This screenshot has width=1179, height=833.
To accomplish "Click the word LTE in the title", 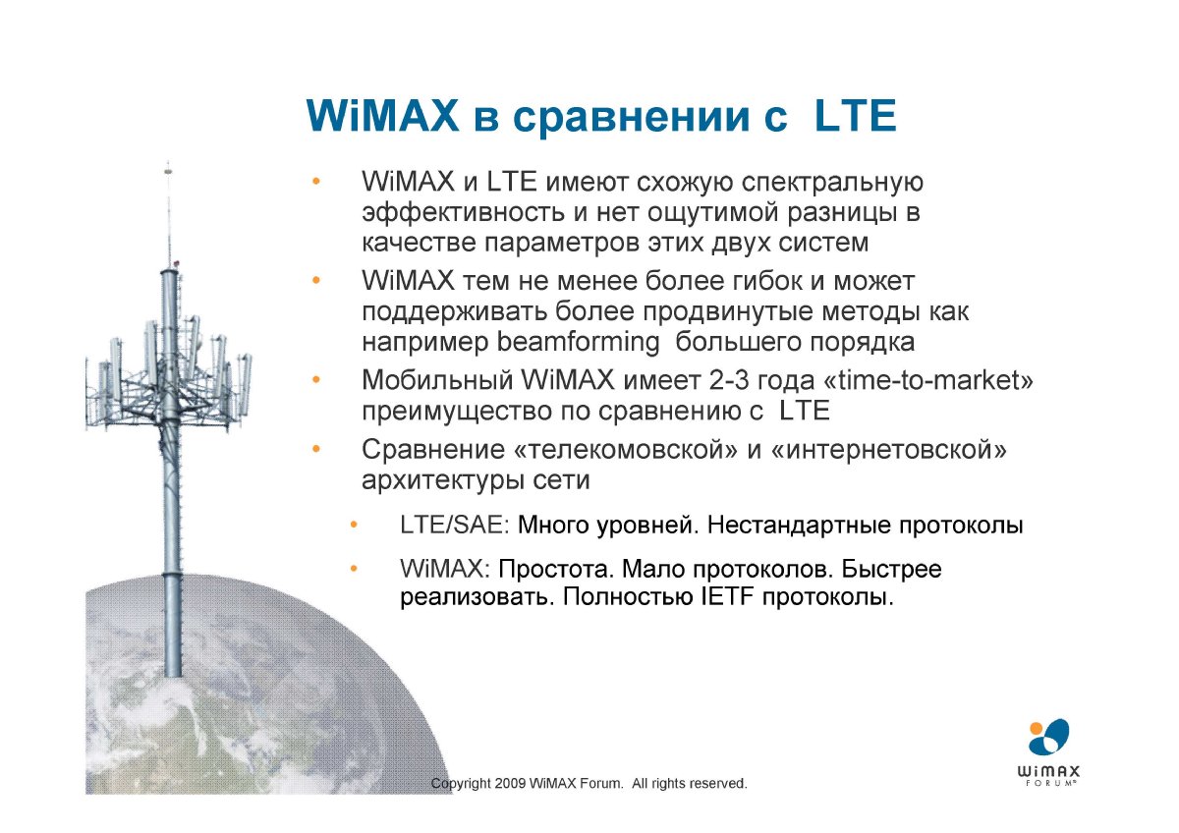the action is [855, 115].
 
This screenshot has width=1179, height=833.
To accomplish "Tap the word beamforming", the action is [579, 343].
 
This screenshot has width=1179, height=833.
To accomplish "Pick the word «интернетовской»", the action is [888, 450].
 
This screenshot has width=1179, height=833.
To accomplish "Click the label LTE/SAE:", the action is [455, 526].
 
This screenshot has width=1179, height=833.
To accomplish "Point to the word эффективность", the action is [463, 213].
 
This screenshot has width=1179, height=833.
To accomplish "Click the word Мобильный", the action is [437, 380].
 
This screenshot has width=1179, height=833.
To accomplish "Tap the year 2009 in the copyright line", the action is [510, 784].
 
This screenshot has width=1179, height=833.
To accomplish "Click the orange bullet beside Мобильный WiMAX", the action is [315, 379].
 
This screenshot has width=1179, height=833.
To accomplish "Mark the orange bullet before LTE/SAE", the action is [354, 525].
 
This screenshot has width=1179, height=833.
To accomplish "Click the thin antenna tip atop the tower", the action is [168, 164].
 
